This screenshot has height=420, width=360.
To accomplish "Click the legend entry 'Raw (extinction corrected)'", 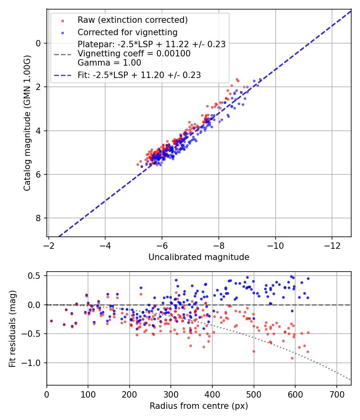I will pos(132,20).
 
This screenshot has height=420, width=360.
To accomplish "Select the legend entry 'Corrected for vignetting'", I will pos(127,32).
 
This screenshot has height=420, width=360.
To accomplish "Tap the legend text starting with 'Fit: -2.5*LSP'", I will pos(139,75).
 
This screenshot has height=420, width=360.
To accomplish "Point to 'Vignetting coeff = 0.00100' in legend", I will pos(134,53).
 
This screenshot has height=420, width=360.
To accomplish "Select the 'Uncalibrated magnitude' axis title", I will pos(199,257).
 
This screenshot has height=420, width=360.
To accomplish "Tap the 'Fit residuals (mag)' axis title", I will pos(12,328).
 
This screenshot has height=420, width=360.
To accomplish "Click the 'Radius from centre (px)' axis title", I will pos(199,406).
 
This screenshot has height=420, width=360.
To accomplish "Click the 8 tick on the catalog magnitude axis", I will pos(38,218).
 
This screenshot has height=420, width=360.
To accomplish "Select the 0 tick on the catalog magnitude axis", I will pos(38,43).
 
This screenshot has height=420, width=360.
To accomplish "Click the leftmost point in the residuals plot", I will pos(51,321).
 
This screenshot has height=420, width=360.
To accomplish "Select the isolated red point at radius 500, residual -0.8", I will pos(254,351).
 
